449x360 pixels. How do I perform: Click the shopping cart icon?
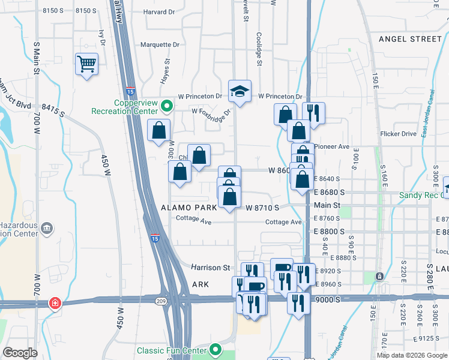[x=87, y=64]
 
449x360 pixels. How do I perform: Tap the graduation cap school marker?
[x=240, y=91]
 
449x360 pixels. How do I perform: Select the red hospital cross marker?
[x=55, y=304]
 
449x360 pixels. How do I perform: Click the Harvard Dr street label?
[x=166, y=11]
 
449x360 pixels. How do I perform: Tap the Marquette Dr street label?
[x=160, y=44]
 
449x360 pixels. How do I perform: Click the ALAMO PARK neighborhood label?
[x=188, y=208]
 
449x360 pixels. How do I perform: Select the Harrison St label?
[x=211, y=267]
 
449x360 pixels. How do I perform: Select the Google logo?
[x=20, y=353]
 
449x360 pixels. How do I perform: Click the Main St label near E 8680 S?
[x=327, y=205]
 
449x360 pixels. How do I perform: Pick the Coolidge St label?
[x=259, y=49]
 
